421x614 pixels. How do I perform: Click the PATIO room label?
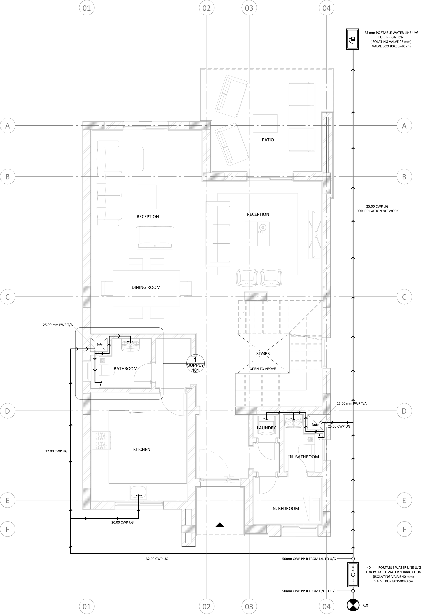tap(268, 140)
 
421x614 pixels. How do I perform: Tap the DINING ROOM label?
tap(146, 287)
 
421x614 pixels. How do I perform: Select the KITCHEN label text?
tap(142, 449)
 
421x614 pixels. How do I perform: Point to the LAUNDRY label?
tap(266, 428)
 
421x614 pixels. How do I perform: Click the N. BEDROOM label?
tap(286, 509)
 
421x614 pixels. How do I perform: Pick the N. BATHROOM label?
tap(304, 457)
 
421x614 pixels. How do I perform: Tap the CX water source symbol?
tap(353, 605)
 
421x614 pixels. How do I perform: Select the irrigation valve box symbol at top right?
tap(353, 39)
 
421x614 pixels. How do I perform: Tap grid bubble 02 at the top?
tap(207, 8)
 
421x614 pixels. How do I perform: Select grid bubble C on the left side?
tap(8, 297)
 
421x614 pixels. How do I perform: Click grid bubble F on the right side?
tap(404, 529)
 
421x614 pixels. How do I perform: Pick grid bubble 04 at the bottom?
tap(326, 606)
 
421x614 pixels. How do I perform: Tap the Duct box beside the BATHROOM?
tap(99, 345)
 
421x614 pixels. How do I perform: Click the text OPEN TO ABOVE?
tap(263, 368)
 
